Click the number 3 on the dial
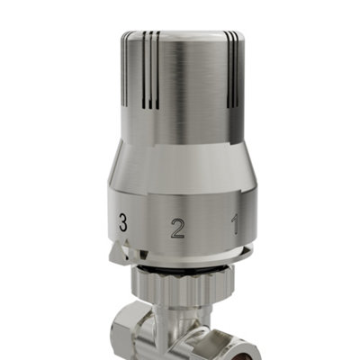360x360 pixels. point(122,221)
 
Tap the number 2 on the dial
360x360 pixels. point(177,227)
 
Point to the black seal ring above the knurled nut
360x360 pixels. point(180,267)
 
